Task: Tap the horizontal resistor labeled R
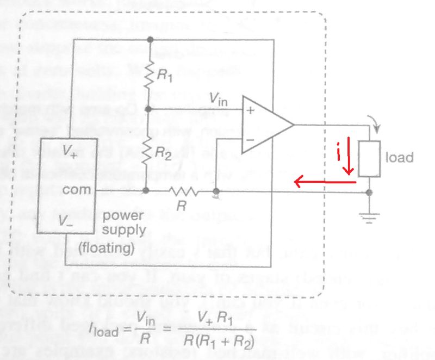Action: pos(182,191)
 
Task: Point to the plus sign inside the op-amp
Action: pos(251,110)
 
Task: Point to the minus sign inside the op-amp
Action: pos(251,139)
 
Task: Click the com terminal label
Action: pos(73,190)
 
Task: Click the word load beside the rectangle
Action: pos(400,158)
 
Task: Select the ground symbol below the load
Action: pos(370,217)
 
